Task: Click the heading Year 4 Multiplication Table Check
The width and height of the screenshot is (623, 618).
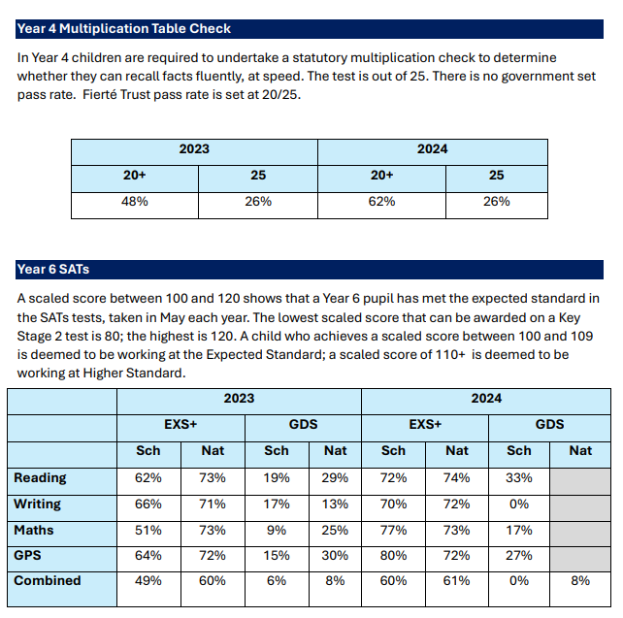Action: click(123, 28)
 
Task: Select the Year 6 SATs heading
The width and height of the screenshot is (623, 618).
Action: click(53, 270)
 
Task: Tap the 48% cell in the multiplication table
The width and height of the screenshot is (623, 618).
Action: click(135, 202)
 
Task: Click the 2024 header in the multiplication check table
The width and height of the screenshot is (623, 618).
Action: click(432, 149)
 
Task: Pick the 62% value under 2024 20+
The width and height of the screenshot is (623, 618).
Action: click(381, 202)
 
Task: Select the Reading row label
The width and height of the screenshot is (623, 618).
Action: click(40, 477)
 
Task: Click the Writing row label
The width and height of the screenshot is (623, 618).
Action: click(37, 504)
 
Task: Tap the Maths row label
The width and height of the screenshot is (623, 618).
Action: click(34, 530)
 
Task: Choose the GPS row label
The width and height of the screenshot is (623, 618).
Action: click(27, 555)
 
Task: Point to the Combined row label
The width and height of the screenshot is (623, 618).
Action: click(48, 580)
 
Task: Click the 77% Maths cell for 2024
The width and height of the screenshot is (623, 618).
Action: click(393, 530)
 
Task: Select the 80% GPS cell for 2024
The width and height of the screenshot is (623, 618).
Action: click(393, 555)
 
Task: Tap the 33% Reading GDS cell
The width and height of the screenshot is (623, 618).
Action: click(519, 477)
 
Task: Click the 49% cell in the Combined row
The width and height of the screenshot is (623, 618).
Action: click(148, 580)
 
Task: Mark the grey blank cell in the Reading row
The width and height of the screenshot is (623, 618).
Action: click(580, 481)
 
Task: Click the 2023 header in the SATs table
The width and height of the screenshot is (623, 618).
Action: click(239, 398)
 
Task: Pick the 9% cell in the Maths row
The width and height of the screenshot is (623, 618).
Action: click(277, 530)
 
